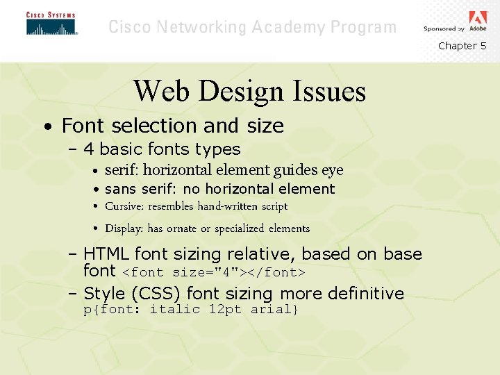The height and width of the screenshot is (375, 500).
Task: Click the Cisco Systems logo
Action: pos(51,24)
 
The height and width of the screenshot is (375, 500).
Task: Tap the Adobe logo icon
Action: pos(478,19)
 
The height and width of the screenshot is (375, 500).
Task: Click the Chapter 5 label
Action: pos(462,46)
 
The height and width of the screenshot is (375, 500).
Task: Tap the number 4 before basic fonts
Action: pos(89,149)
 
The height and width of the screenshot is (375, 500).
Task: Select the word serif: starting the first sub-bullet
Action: pos(122,170)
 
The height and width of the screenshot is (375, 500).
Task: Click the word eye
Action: pos(332,171)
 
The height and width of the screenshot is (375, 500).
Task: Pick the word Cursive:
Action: pos(125,206)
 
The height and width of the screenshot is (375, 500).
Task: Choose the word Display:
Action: pos(124,228)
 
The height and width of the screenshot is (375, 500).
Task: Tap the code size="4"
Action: pos(206,272)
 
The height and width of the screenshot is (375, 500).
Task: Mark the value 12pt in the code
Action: pos(226,309)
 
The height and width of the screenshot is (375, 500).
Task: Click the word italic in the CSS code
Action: pos(175,309)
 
